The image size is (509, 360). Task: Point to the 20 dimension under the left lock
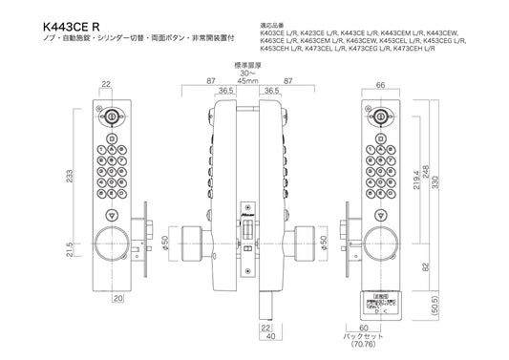click(x=116, y=297)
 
